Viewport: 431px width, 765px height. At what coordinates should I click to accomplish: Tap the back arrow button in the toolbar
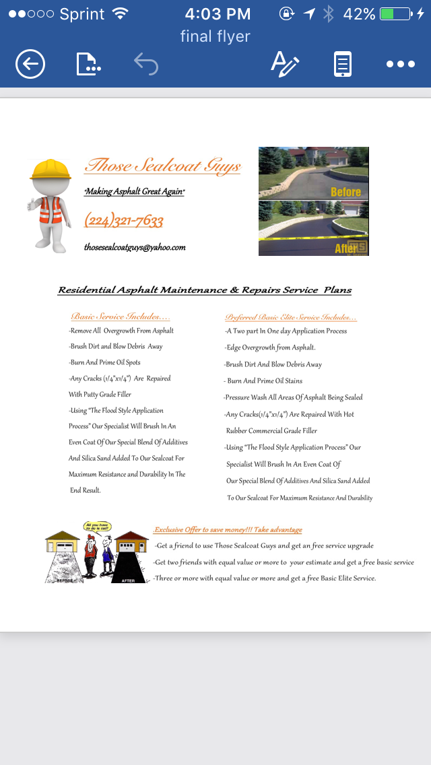(x=30, y=65)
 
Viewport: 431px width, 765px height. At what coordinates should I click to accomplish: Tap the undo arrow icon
(x=145, y=65)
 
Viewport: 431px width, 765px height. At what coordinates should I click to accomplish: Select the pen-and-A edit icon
(x=284, y=64)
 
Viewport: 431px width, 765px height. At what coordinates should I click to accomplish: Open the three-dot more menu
(x=400, y=65)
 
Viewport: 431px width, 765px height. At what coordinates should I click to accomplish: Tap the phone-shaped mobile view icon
(x=343, y=65)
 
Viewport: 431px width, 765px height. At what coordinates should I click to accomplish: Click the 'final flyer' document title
(x=215, y=36)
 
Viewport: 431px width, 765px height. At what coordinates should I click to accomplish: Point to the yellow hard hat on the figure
(x=51, y=169)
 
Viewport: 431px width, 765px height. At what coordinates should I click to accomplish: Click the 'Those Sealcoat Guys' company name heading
(x=162, y=166)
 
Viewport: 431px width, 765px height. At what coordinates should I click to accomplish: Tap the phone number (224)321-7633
(x=124, y=220)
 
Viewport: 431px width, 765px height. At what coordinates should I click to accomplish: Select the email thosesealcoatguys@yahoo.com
(x=135, y=247)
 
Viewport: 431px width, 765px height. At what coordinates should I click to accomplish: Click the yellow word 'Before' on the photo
(x=345, y=192)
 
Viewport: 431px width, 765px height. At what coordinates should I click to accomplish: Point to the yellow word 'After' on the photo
(x=345, y=248)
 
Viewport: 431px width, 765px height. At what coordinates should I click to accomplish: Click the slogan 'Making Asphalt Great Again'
(x=135, y=192)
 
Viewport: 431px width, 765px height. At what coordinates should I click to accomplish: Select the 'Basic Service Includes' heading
(x=121, y=317)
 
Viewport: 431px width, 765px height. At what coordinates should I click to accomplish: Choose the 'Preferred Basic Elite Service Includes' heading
(x=291, y=317)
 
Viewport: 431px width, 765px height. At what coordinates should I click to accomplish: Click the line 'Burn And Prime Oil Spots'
(x=105, y=362)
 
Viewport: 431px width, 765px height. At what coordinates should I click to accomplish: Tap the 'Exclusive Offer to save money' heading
(x=228, y=530)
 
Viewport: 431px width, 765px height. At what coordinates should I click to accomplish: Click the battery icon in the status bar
(x=395, y=14)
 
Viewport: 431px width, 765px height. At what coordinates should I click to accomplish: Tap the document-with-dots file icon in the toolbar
(x=88, y=65)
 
